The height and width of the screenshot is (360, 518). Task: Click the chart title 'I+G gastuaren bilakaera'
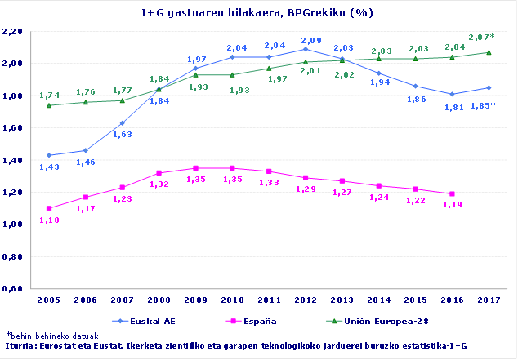[258, 13]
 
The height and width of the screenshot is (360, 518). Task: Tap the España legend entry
[257, 320]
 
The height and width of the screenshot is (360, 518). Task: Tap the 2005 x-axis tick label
[48, 300]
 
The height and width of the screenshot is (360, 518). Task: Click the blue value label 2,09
[311, 40]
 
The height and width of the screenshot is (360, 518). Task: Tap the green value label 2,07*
[481, 38]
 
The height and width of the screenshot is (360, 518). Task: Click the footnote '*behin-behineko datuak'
[52, 336]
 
